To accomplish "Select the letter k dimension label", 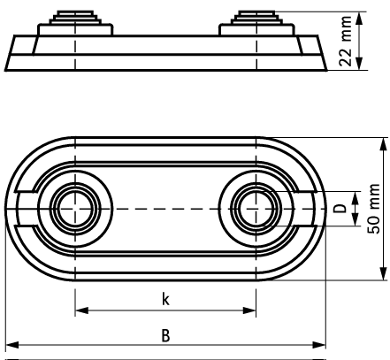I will [x=165, y=299].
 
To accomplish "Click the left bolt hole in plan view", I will [x=76, y=210].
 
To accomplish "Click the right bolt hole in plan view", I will [x=256, y=210].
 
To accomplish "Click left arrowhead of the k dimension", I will [x=80, y=311].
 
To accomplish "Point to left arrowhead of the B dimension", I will [x=10, y=346].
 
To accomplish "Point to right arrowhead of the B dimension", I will [x=321, y=346].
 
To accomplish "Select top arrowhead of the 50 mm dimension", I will [x=383, y=142].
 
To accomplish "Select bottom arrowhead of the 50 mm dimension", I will [x=383, y=277].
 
